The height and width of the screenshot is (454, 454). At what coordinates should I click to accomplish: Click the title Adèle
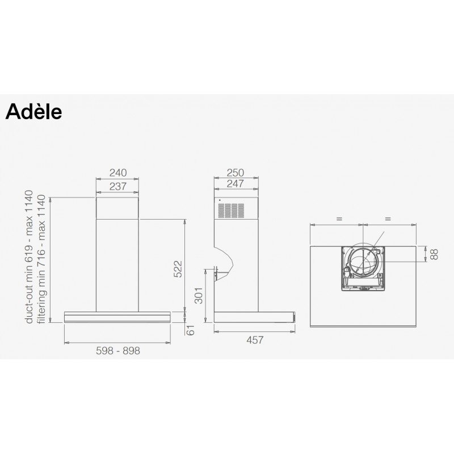click(33, 111)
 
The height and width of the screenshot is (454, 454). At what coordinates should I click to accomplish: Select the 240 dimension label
click(118, 173)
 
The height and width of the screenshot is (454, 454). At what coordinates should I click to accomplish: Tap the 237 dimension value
click(118, 187)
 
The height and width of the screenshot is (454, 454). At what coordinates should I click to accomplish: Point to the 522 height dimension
click(178, 269)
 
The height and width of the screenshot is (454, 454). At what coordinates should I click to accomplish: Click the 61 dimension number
click(190, 330)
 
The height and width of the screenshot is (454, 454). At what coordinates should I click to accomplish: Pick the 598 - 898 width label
click(118, 351)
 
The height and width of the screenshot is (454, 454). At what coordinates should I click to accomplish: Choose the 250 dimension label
click(236, 173)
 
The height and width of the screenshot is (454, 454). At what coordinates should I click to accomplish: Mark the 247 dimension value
click(236, 183)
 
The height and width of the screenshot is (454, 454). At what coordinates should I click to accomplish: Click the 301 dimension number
click(199, 296)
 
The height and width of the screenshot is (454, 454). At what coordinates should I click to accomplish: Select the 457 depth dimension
click(255, 340)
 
